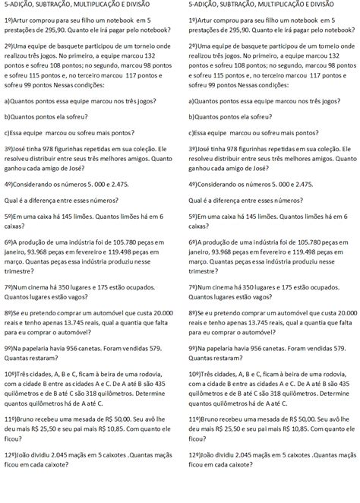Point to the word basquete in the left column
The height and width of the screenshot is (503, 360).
click(78, 46)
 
